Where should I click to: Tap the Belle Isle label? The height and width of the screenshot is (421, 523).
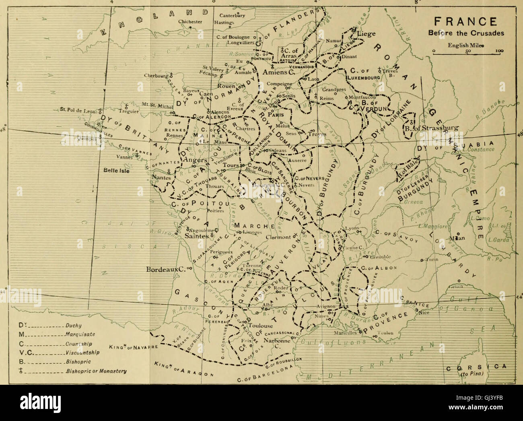(x=115, y=169)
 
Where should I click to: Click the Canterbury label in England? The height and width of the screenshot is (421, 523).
(x=232, y=16)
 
